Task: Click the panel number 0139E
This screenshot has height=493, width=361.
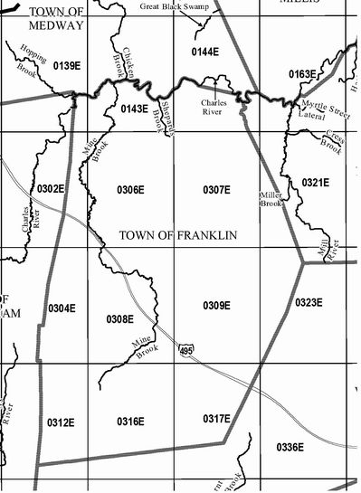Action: [x=68, y=65]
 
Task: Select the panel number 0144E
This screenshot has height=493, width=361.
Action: [x=205, y=52]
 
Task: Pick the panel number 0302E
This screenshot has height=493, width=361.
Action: [x=50, y=189]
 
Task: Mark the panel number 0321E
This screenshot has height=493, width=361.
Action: [x=315, y=183]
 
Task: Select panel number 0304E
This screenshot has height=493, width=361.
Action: [x=62, y=308]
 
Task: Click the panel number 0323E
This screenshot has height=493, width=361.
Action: [x=309, y=302]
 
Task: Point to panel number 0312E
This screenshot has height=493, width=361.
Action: [x=60, y=422]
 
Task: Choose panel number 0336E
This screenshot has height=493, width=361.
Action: [x=290, y=447]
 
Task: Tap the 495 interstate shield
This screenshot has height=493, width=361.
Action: [x=185, y=349]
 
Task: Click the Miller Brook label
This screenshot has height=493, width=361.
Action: [x=271, y=200]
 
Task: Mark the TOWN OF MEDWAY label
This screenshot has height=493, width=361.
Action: [x=56, y=18]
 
